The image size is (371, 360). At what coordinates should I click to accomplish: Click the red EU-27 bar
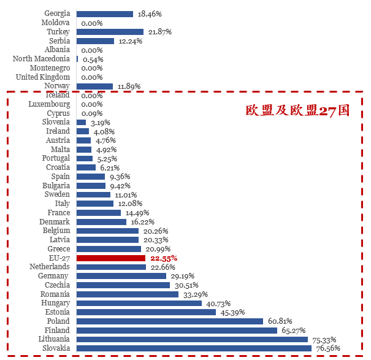111,258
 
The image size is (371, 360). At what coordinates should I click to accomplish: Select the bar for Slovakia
194,348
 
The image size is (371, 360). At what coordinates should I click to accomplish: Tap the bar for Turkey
110,32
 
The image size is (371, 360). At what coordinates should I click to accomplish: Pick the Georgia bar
105,13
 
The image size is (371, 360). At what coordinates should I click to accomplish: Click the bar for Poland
170,321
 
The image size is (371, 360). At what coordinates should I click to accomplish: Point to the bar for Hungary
139,303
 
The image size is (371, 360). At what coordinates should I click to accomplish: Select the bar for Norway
94,86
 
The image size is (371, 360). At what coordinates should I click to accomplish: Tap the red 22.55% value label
164,258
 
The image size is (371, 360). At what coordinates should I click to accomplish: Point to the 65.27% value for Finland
294,331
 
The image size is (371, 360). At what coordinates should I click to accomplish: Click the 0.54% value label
92,59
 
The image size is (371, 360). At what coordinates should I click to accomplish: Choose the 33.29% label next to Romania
195,294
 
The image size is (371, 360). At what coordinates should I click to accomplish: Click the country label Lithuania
53,339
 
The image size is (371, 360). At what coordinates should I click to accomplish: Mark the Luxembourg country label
49,104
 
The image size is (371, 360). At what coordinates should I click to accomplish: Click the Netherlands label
50,267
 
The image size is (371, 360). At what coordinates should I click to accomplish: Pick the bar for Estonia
146,312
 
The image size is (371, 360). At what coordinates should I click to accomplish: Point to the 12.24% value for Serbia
130,41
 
